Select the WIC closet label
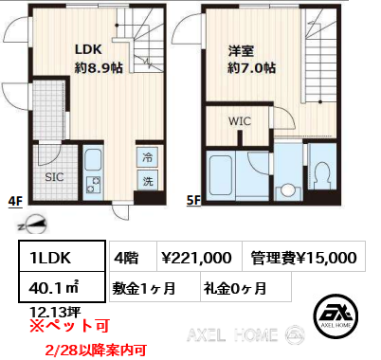[x=240, y=120]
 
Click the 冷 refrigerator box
[x=148, y=158]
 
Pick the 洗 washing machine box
[x=148, y=180]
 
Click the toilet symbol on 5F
[x=323, y=175]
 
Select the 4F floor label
[x=14, y=201]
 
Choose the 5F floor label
[x=193, y=201]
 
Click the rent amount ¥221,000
[x=197, y=257]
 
